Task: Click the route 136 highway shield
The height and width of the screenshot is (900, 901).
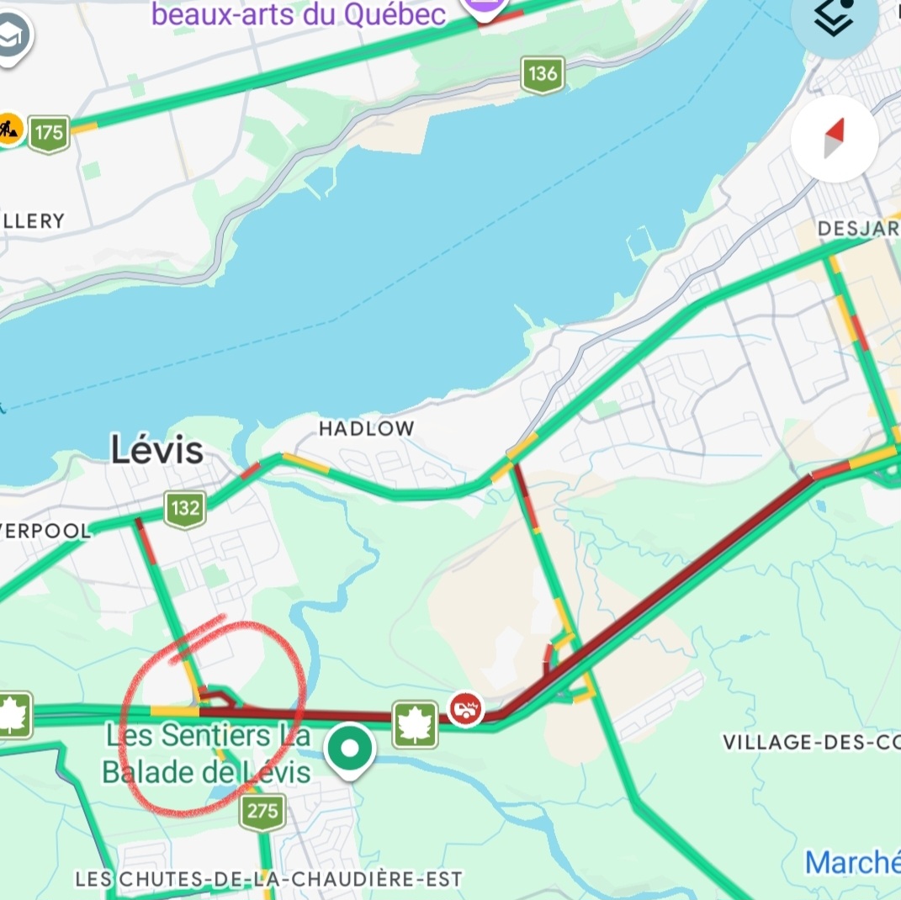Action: pos(542,74)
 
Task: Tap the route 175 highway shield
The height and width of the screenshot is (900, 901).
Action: pos(49,133)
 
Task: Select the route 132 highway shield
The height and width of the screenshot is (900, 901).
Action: pos(184,508)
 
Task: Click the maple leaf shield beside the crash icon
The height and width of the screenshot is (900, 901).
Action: pos(415,723)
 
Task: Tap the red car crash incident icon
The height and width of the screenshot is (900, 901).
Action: pos(465,708)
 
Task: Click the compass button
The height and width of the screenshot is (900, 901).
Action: pos(834,139)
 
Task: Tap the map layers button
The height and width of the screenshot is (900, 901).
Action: pos(834,21)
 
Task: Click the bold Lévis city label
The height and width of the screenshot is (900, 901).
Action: pos(157,451)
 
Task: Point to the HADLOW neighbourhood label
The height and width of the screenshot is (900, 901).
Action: pos(366,429)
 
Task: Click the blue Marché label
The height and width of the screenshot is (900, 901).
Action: pos(851,862)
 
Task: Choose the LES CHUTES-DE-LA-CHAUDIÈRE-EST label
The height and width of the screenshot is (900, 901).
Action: pos(268,879)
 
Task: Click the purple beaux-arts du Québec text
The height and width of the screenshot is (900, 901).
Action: pos(299,14)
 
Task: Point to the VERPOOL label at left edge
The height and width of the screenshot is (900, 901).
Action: pos(44,531)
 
